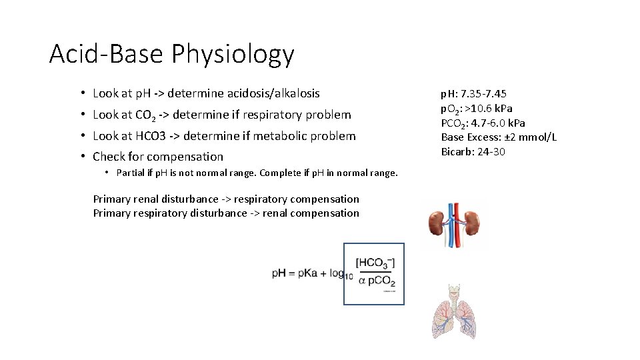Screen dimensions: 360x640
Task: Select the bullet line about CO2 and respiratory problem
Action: pos(221,115)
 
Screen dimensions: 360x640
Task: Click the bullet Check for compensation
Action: pos(158,157)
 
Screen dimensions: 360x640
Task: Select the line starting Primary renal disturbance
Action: pos(226,199)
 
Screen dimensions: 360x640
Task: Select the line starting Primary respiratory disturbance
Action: pos(226,213)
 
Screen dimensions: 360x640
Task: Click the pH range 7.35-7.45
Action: pos(483,94)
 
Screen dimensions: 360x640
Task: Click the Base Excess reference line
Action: pos(499,137)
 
